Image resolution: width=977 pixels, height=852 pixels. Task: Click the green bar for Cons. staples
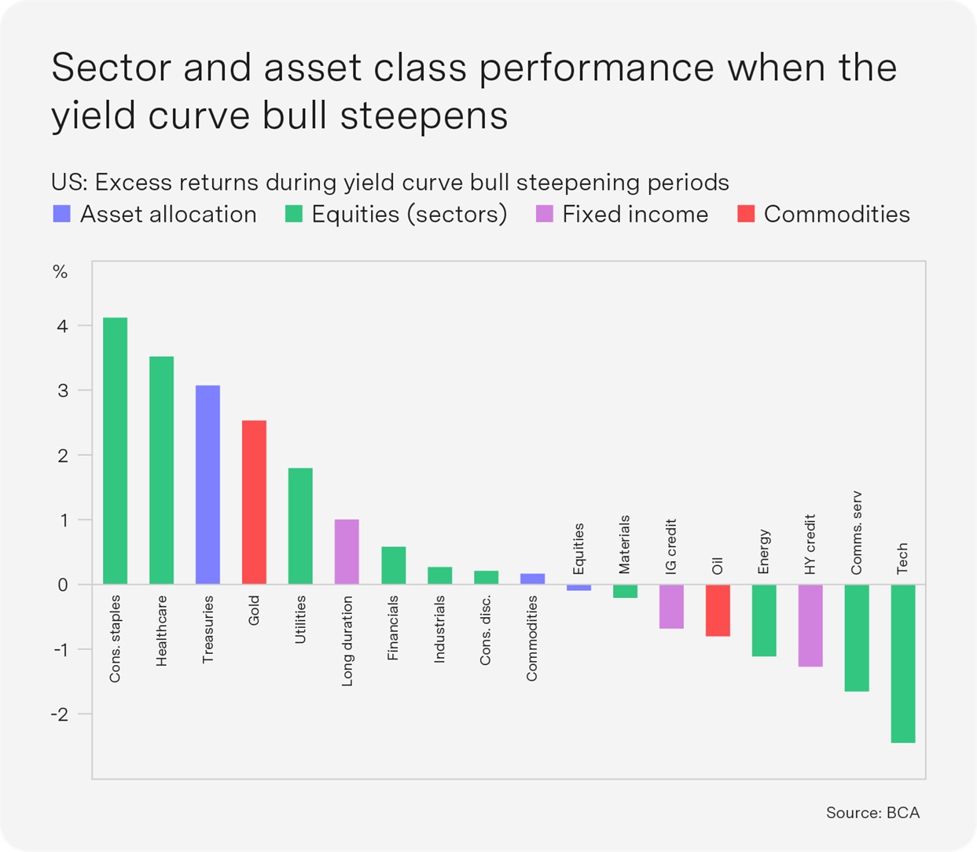coord(115,450)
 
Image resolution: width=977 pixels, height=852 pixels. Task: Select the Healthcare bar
coord(161,470)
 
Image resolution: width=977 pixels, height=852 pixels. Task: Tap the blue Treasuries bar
coord(208,484)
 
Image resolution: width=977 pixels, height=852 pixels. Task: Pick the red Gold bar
coord(254,502)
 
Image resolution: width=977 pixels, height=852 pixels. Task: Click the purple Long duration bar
coord(347,552)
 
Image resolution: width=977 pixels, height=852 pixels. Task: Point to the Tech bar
coord(903,663)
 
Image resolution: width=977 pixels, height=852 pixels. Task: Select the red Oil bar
coord(718,611)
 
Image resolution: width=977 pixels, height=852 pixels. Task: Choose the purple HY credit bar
coord(810,626)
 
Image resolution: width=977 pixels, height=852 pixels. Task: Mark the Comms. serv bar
coord(857,638)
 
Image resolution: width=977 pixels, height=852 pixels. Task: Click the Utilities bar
coord(300,526)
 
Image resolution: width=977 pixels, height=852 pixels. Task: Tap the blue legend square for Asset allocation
coord(61,214)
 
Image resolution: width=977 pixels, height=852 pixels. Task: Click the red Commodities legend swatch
coord(746,214)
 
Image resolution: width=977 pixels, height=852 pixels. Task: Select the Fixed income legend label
coord(635,214)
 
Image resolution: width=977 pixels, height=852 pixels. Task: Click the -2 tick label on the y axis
coord(60,714)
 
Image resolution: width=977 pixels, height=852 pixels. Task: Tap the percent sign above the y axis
coord(61,272)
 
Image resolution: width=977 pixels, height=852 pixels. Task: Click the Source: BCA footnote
coord(873,813)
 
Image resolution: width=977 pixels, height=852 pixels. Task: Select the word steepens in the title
coord(424,116)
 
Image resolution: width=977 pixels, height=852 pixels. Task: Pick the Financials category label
coord(392,628)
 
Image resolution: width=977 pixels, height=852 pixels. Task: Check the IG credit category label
coord(671,546)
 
